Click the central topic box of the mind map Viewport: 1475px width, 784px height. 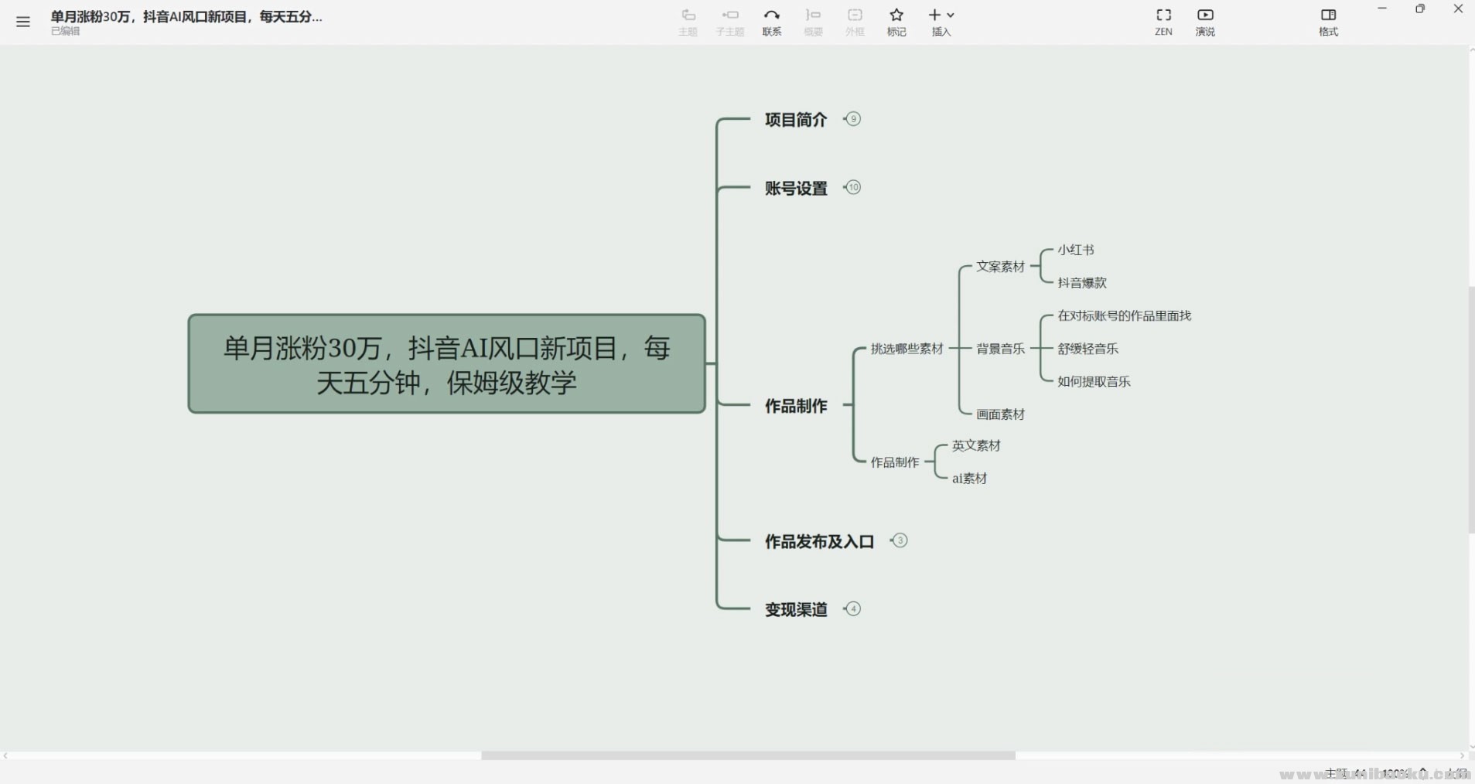point(446,364)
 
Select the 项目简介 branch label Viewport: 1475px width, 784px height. point(796,120)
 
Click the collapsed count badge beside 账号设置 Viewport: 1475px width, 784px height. point(853,188)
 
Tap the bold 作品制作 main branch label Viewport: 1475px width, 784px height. point(796,406)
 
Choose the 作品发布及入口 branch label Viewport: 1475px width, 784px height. point(819,542)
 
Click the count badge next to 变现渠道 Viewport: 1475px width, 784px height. point(853,609)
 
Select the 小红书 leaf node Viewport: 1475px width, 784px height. point(1075,250)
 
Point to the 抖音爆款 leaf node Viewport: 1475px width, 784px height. point(1081,283)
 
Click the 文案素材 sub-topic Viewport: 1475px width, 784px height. point(1000,267)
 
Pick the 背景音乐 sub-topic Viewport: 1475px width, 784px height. point(1000,349)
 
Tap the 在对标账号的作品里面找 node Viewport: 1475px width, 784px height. point(1124,315)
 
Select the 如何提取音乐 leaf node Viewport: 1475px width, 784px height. point(1094,382)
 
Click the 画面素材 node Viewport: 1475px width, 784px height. point(1000,415)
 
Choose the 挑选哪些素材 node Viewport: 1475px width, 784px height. point(907,349)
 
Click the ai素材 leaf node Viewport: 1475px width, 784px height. point(969,479)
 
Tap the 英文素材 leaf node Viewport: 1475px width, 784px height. point(976,445)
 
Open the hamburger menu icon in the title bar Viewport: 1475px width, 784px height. point(23,22)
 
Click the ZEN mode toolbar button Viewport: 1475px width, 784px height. point(1163,22)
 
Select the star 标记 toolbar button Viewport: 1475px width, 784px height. point(896,22)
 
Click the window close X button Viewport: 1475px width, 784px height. point(1458,9)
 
